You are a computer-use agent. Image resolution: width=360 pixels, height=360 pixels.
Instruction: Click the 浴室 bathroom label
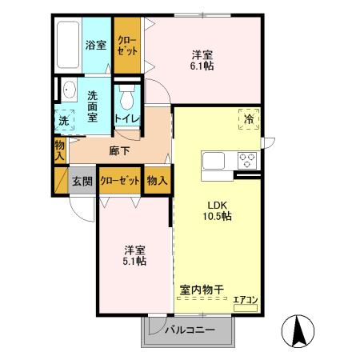pos(96,45)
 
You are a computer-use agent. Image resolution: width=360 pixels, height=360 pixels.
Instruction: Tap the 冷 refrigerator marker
pos(249,119)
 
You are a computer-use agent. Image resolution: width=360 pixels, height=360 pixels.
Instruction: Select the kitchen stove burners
pos(246,160)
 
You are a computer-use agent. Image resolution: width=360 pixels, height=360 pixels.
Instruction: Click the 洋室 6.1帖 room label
pos(202,61)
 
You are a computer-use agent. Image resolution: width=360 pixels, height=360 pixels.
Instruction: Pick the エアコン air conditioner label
pos(245,300)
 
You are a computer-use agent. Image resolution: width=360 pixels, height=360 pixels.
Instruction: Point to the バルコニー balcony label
pos(190,330)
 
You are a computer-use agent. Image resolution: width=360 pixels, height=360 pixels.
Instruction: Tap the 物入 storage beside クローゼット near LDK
pos(156,181)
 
